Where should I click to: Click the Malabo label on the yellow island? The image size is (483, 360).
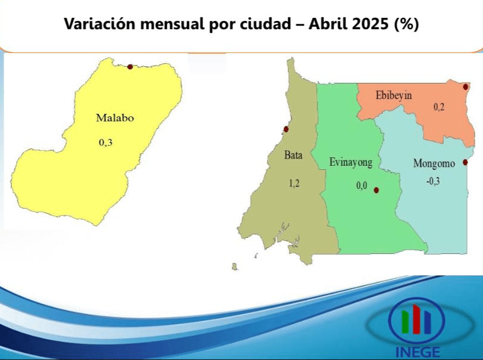pyautogui.click(x=115, y=118)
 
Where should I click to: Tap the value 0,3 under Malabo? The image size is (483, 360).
pyautogui.click(x=105, y=142)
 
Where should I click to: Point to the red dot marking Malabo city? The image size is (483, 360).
pyautogui.click(x=130, y=67)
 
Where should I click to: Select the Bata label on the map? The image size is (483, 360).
pyautogui.click(x=293, y=155)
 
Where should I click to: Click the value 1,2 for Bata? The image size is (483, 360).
pyautogui.click(x=294, y=184)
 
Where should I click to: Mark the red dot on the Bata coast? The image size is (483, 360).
pyautogui.click(x=286, y=129)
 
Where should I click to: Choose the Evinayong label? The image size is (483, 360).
pyautogui.click(x=351, y=163)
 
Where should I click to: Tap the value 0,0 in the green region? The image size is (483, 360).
pyautogui.click(x=362, y=185)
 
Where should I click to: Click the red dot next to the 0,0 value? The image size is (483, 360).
pyautogui.click(x=376, y=190)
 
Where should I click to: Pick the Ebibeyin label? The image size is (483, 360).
pyautogui.click(x=394, y=95)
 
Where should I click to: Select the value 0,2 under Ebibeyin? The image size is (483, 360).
pyautogui.click(x=439, y=107)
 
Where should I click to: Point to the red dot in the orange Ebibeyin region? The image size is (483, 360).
pyautogui.click(x=466, y=87)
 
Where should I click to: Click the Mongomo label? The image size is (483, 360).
pyautogui.click(x=434, y=163)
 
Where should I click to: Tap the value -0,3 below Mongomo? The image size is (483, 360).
pyautogui.click(x=433, y=181)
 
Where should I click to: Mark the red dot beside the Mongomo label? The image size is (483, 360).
pyautogui.click(x=465, y=162)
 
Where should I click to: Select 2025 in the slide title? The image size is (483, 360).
pyautogui.click(x=370, y=24)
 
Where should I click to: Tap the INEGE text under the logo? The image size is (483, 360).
pyautogui.click(x=417, y=352)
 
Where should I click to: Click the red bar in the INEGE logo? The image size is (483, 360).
pyautogui.click(x=416, y=319)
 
